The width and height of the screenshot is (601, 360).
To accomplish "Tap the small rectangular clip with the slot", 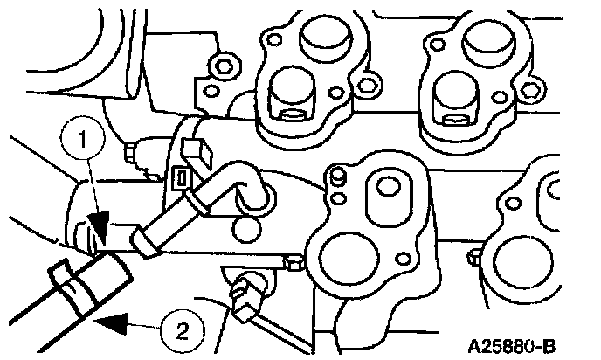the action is coord(183,180).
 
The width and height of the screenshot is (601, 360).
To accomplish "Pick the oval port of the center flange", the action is coord(382,192).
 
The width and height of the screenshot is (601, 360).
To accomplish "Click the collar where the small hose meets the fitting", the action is coord(142,238).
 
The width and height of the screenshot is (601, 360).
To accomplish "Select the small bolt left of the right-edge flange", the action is coord(473,256).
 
